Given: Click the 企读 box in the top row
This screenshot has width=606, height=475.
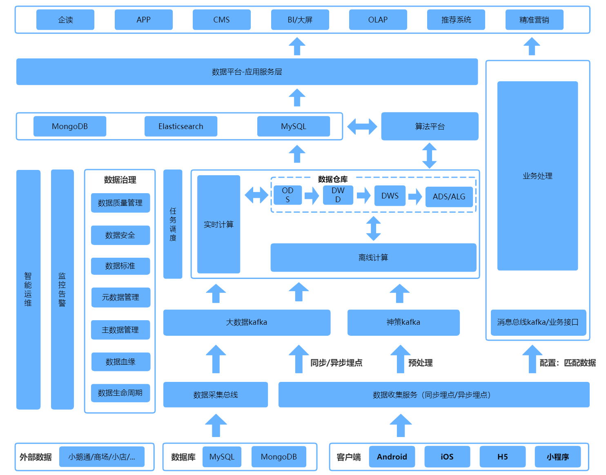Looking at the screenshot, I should (x=65, y=20).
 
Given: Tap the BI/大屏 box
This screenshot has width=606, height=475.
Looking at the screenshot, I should (x=300, y=20).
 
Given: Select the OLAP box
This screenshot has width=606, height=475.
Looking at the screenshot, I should (x=378, y=20).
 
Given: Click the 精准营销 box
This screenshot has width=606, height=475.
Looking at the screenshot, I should (x=534, y=20).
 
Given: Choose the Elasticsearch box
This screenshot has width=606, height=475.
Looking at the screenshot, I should (x=180, y=126).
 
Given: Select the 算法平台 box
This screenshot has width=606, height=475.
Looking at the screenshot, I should (x=430, y=126).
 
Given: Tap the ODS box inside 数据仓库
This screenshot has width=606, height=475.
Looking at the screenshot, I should (x=287, y=195).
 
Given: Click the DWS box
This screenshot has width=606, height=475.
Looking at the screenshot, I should (x=390, y=196).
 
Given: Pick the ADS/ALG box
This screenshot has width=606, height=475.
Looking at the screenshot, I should (x=449, y=196).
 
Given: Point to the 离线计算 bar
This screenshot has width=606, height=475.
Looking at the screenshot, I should (x=373, y=257).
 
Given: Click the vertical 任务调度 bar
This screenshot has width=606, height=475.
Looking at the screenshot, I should (x=173, y=224).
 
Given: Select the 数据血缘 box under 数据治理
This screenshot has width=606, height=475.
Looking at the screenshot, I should (x=120, y=361).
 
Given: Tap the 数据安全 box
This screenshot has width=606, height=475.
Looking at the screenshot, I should (x=120, y=235).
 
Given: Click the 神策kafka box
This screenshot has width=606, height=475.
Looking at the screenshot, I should (x=403, y=322).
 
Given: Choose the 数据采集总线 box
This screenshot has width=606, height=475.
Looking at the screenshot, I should (x=215, y=395).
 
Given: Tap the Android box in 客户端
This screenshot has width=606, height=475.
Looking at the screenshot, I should (x=392, y=457).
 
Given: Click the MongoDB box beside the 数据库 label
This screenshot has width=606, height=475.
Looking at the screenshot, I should (x=278, y=457).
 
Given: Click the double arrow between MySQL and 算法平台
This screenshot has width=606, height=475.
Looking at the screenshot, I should (x=362, y=126).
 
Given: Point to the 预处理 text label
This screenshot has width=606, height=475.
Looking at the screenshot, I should (x=420, y=363).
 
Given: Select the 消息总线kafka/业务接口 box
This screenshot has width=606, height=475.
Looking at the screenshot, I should (x=538, y=322).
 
